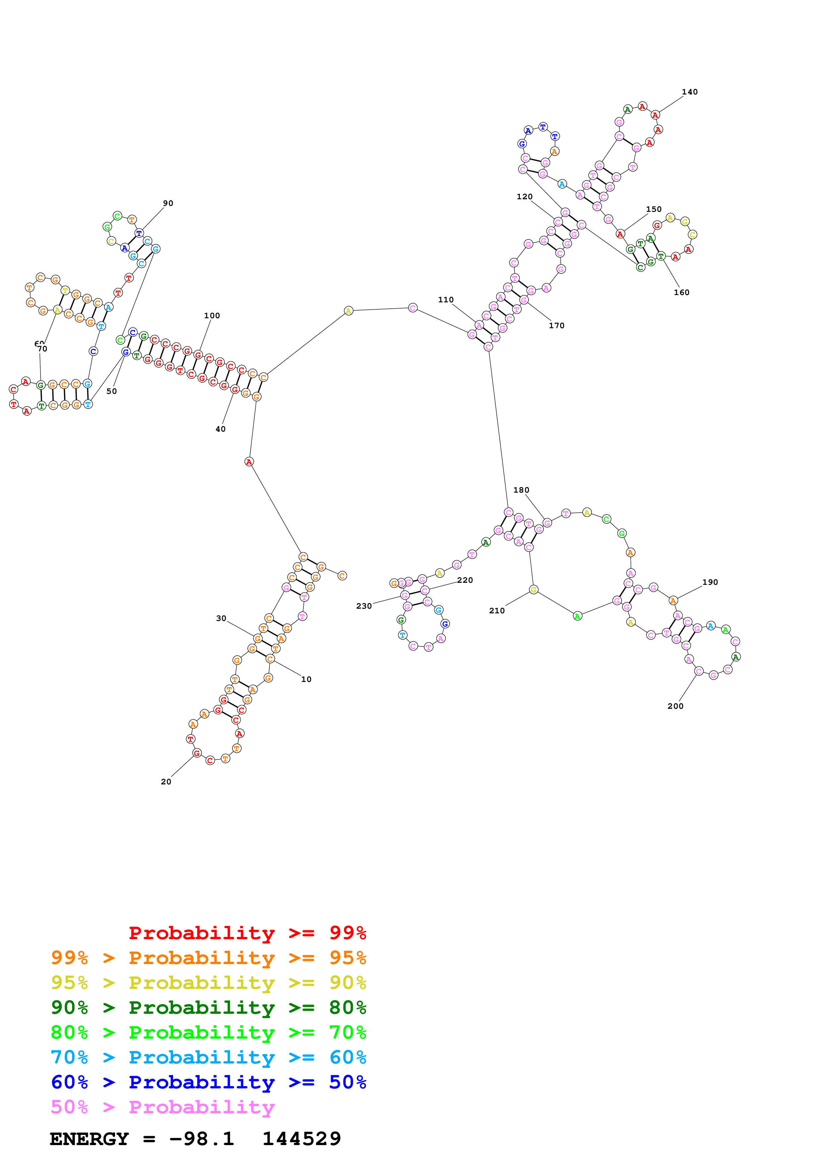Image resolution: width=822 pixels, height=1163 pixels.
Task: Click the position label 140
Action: tap(689, 92)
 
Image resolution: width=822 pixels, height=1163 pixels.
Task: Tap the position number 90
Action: tap(168, 203)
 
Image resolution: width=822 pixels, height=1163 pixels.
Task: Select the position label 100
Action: tap(212, 316)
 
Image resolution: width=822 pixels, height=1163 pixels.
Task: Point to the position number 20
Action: tap(166, 782)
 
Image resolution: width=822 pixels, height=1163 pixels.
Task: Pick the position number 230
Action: tap(364, 606)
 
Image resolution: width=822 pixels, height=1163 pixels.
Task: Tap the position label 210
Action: tap(496, 610)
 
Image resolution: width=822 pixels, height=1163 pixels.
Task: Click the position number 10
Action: tap(306, 679)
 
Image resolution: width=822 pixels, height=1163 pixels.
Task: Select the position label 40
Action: tap(220, 429)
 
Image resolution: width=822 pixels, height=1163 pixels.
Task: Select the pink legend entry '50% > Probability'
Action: tap(162, 1107)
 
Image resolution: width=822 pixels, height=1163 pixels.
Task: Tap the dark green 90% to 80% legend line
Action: tap(208, 1008)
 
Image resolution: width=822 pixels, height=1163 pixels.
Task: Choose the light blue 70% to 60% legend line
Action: tap(208, 1057)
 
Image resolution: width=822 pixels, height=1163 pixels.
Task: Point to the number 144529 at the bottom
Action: tap(301, 1139)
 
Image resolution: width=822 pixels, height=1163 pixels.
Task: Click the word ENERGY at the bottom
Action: tap(89, 1139)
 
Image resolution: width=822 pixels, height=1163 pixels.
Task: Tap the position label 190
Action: tap(710, 582)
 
